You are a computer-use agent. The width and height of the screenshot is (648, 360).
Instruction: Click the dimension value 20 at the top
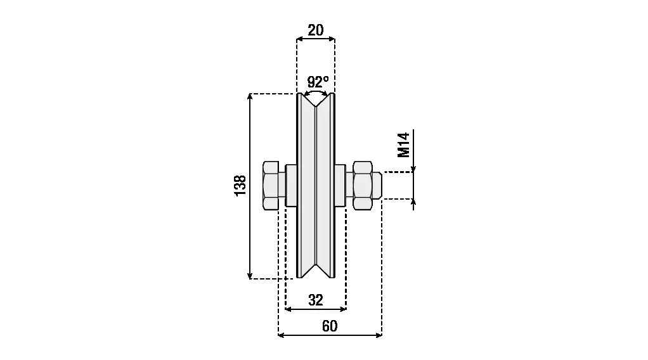(316, 30)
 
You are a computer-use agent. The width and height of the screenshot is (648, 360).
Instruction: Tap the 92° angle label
(318, 82)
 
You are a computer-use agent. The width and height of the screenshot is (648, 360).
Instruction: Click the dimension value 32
(316, 300)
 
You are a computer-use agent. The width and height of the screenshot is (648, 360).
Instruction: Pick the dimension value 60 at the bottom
(330, 326)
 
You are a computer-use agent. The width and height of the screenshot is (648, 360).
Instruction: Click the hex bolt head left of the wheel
(271, 185)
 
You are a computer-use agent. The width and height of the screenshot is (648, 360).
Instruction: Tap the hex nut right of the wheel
(363, 185)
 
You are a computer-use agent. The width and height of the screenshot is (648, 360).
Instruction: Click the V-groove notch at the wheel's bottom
(316, 271)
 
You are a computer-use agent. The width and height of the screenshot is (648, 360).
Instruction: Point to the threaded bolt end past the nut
(377, 185)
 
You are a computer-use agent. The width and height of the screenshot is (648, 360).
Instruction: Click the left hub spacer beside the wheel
(291, 185)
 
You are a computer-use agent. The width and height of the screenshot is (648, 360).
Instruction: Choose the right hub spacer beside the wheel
(340, 185)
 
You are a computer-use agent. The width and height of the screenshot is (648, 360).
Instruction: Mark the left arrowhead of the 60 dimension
(282, 335)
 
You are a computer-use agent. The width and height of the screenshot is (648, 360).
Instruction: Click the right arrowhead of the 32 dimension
(344, 309)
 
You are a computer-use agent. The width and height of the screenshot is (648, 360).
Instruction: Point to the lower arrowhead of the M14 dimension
(413, 202)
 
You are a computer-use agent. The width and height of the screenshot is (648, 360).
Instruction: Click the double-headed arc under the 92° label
(316, 93)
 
